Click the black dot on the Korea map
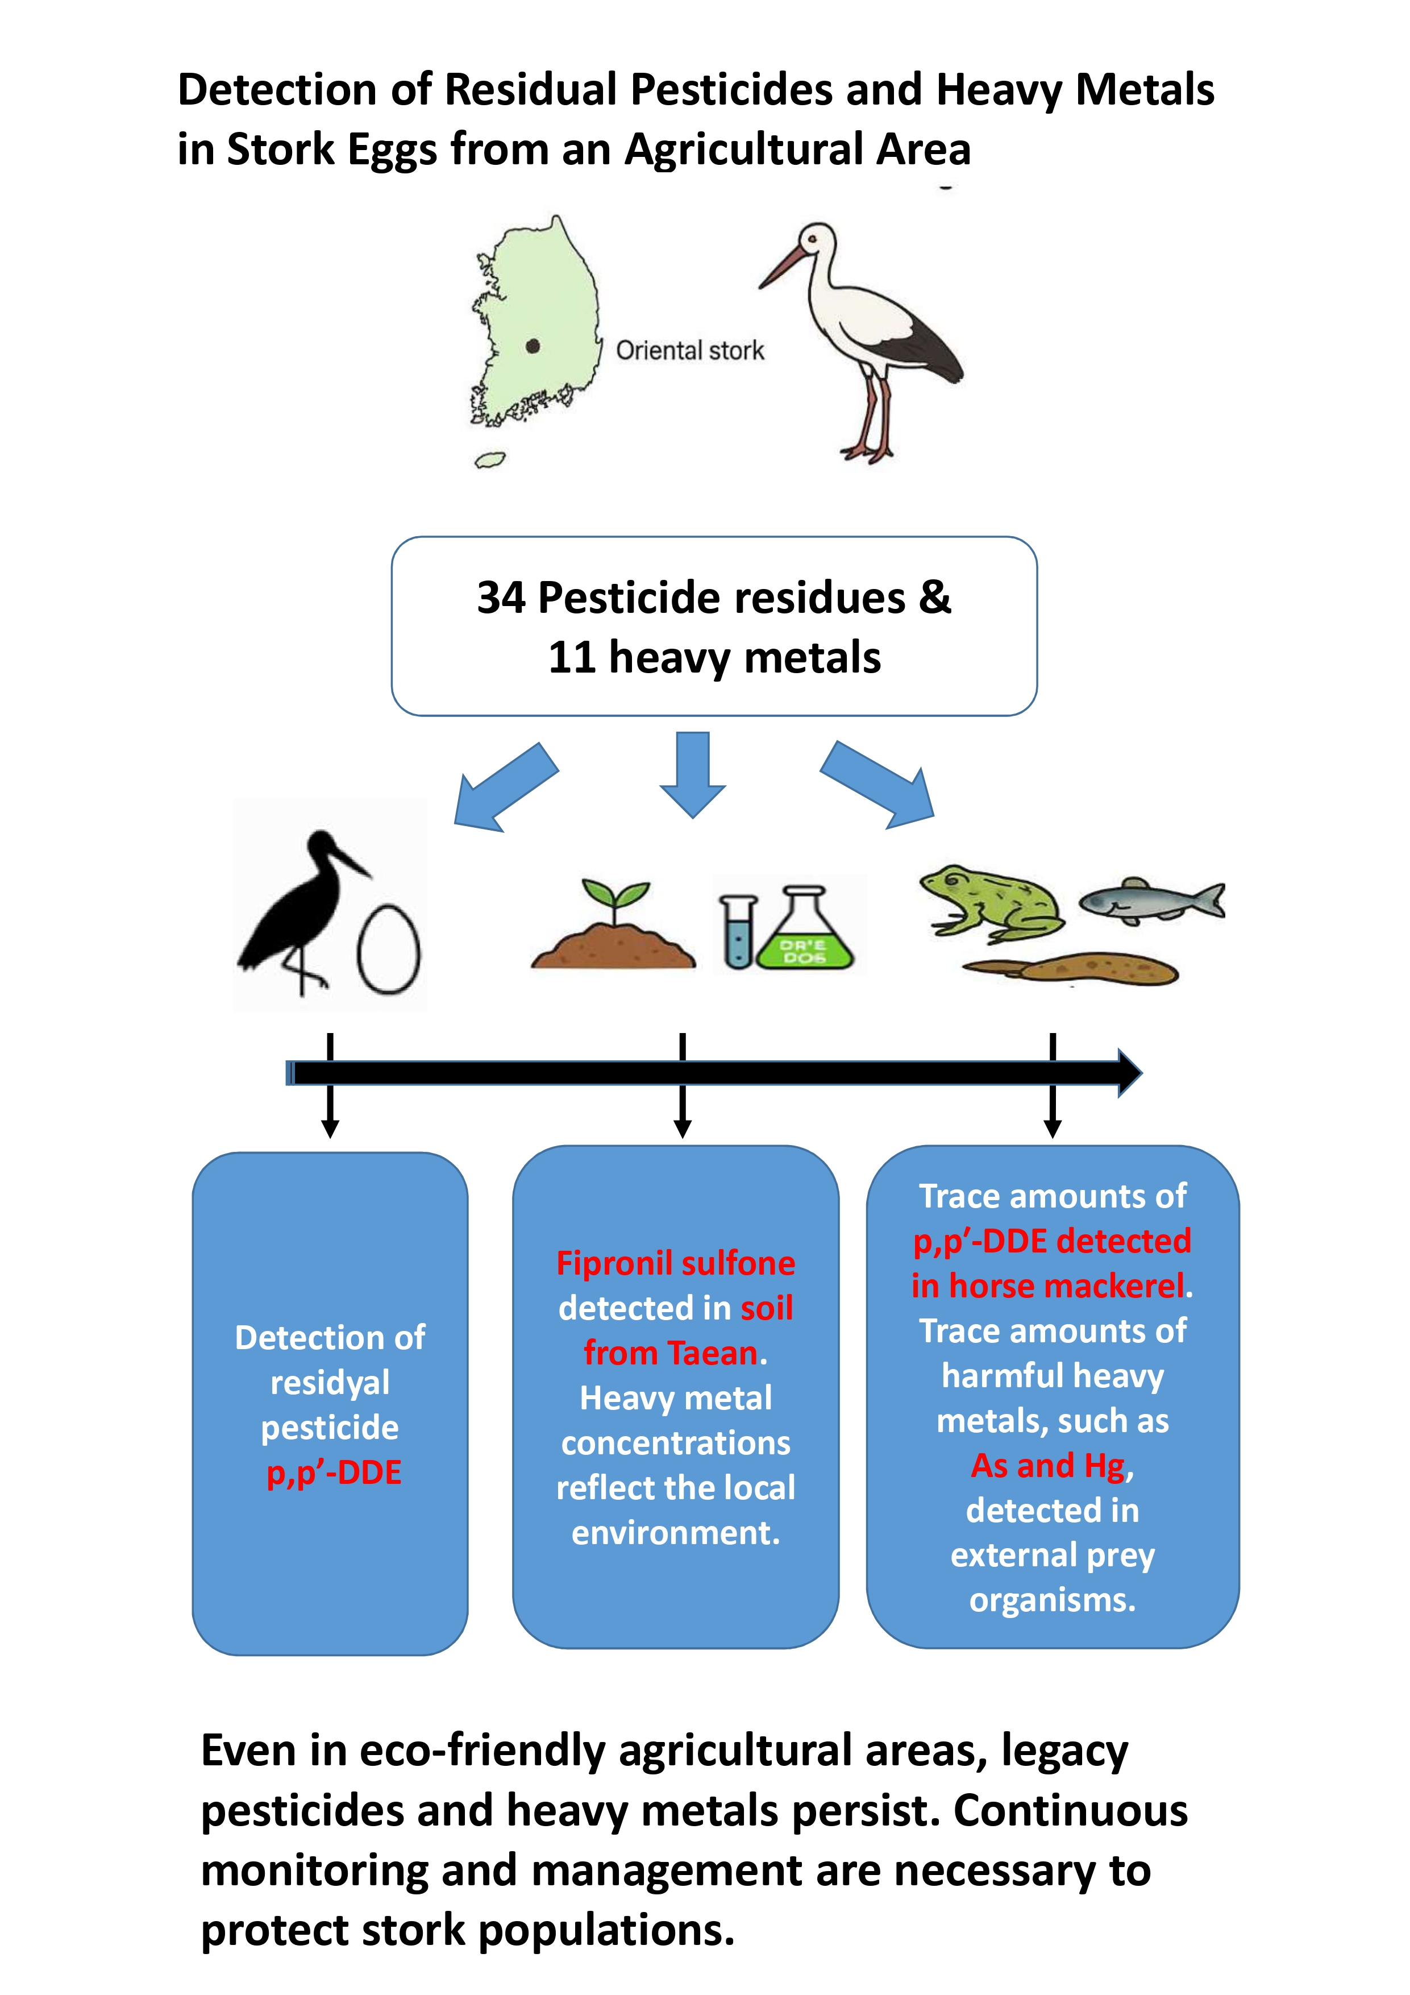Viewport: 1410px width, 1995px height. pos(533,346)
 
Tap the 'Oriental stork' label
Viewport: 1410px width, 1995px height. pos(690,350)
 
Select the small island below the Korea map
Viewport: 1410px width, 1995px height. pos(489,459)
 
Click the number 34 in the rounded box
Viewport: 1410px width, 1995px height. pos(501,598)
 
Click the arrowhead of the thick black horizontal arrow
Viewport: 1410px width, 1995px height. pos(1128,1073)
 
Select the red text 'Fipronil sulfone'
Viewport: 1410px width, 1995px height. pos(675,1263)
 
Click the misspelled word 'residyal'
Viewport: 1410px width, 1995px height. pos(330,1383)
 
